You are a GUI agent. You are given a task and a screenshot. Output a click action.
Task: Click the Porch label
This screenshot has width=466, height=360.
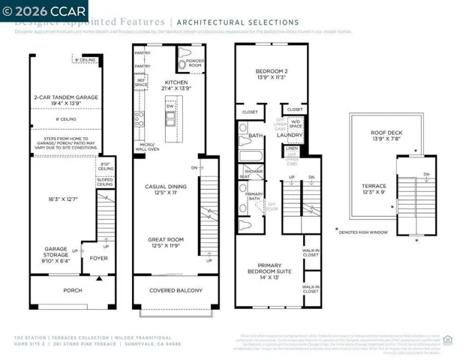click(x=73, y=291)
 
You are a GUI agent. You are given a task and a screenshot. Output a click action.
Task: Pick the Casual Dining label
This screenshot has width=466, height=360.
click(x=165, y=188)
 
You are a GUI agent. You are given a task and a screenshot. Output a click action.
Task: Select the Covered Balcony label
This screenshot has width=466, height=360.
click(x=176, y=291)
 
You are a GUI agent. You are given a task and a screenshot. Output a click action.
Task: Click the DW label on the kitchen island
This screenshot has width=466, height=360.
click(x=170, y=106)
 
